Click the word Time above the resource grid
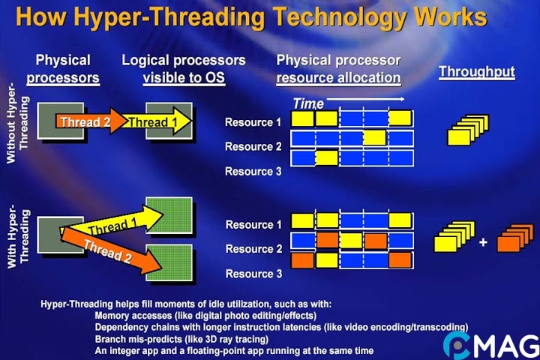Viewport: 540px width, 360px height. click(307, 103)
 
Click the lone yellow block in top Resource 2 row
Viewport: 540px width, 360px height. click(374, 137)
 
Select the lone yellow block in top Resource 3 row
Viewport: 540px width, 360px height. click(327, 157)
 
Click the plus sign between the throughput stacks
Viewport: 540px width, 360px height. click(483, 242)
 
